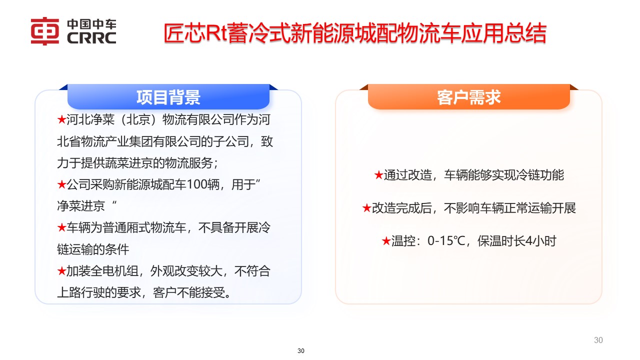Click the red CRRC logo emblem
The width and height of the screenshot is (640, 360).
[45, 31]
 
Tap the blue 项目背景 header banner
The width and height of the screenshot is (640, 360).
[168, 97]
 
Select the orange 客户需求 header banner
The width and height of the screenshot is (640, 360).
[468, 97]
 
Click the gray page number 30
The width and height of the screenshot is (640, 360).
[598, 340]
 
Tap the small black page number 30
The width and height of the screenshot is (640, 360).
[301, 351]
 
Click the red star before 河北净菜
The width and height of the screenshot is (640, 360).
[61, 120]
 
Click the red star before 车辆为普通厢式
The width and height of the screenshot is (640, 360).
[61, 228]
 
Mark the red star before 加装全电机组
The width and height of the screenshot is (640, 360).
[61, 271]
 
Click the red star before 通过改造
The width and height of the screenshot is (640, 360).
[378, 175]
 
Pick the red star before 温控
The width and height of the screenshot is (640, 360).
[385, 241]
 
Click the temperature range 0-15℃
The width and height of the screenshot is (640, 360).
[446, 241]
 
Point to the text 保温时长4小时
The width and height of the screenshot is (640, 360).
[516, 241]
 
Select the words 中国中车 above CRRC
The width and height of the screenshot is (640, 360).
[90, 24]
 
